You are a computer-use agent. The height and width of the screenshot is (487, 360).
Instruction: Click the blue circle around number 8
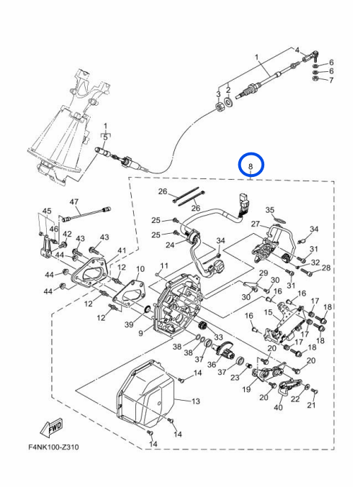pos(251,153)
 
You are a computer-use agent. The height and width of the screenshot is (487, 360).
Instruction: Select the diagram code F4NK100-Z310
pos(53,447)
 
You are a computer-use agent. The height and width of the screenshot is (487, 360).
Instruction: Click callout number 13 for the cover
pos(196,401)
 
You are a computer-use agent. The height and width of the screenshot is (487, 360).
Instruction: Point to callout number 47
pos(74,202)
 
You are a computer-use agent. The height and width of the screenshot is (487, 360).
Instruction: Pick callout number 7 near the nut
pos(331,80)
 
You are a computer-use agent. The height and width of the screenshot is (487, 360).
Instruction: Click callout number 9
pos(140,333)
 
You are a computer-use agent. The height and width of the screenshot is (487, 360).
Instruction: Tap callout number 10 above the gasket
pos(140,269)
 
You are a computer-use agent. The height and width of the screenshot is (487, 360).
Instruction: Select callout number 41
pos(122,250)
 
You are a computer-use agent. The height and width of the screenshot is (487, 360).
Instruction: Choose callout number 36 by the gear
pos(212,364)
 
